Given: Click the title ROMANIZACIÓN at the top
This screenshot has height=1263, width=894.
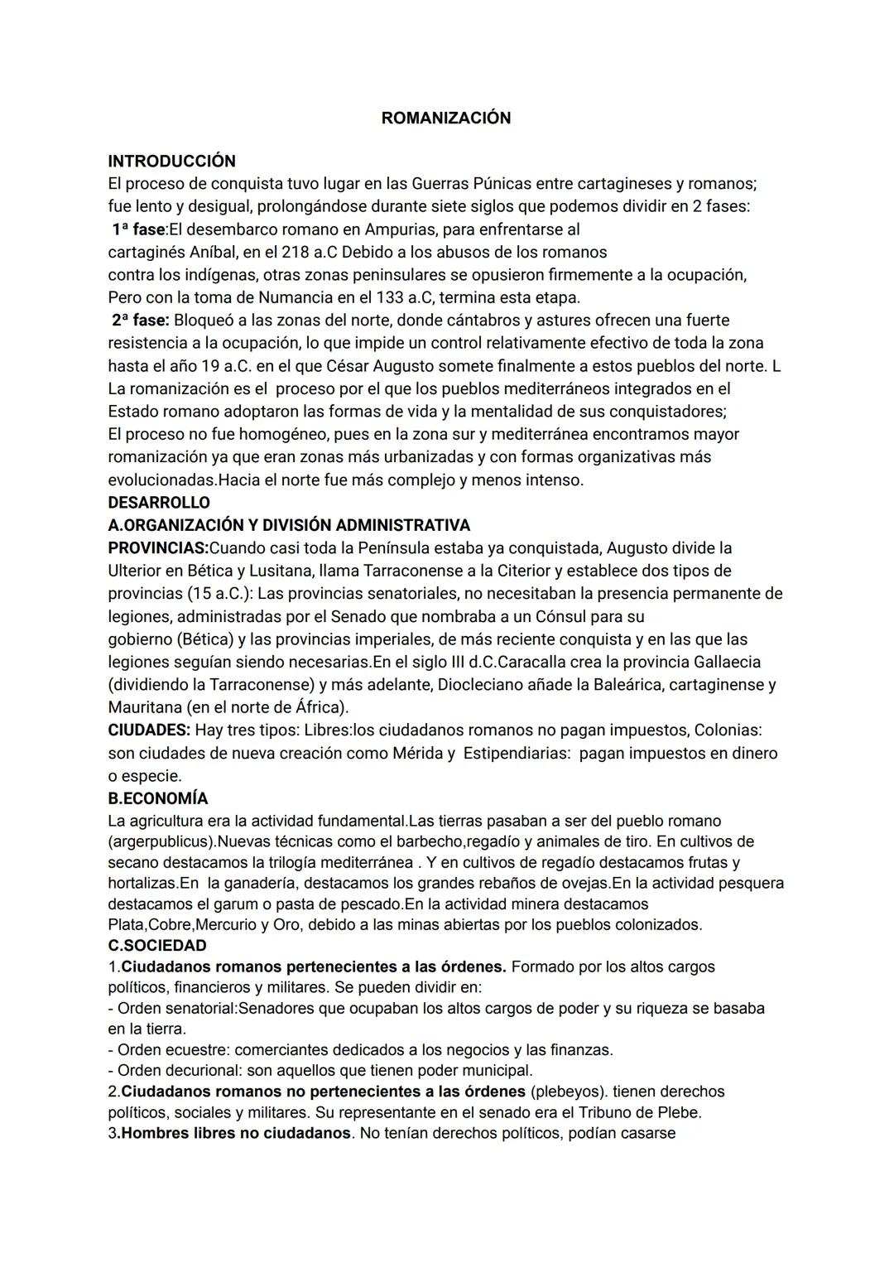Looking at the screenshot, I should click(445, 118).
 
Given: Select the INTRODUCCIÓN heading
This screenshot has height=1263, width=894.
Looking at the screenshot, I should click(171, 161).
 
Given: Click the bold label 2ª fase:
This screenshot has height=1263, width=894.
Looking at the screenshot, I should click(140, 321).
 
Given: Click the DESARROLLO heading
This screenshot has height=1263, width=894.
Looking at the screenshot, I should click(159, 503).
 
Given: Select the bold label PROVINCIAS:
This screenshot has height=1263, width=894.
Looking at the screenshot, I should click(158, 548).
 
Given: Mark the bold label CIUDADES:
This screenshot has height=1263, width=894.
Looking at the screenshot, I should click(149, 730).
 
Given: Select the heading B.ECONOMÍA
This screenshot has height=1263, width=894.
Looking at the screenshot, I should click(157, 799).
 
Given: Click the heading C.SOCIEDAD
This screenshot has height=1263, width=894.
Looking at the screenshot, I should click(156, 946).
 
